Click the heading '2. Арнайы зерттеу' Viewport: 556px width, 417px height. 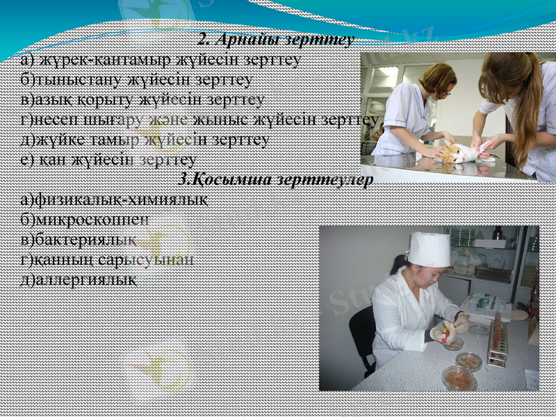tap(277, 39)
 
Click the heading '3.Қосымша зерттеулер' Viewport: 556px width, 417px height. tap(277, 179)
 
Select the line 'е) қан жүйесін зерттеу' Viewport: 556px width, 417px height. tap(108, 159)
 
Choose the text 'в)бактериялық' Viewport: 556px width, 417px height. tap(78, 240)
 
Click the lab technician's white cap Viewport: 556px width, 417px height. tap(429, 249)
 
